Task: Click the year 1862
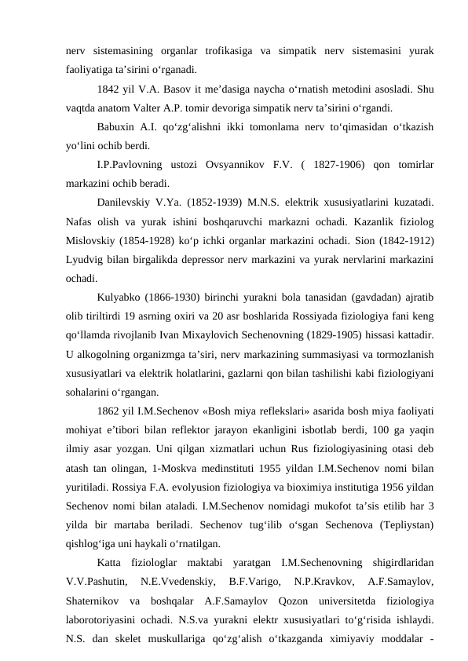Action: pos(109,411)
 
